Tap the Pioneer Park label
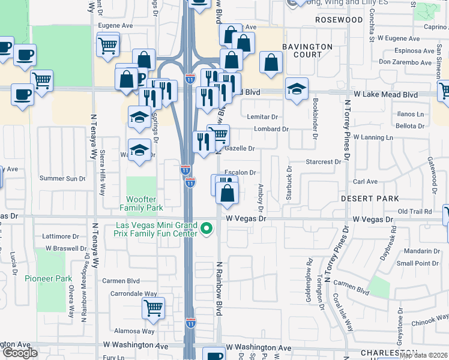49,278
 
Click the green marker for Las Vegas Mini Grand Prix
207,229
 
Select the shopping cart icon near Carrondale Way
153,308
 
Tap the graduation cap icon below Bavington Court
297,89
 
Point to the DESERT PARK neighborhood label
370,198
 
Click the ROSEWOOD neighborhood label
339,20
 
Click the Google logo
19,353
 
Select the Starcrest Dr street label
323,162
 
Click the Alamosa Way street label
134,331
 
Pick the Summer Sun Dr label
62,178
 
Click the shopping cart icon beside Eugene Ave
107,45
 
